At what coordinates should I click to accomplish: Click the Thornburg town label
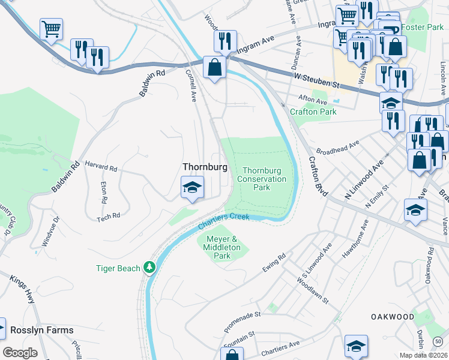pos(205,167)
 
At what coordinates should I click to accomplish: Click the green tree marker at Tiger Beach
pos(149,268)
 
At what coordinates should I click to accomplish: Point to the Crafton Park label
pos(313,112)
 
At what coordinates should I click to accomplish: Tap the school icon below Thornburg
pos(193,188)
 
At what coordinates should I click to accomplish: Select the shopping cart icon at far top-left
pos(51,29)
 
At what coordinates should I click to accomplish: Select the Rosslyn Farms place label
pos(41,330)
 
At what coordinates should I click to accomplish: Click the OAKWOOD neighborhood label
pos(392,316)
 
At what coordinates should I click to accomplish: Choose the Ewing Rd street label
pos(274,265)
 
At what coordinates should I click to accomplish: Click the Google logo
pos(20,352)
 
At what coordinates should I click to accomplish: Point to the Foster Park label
pos(422,27)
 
